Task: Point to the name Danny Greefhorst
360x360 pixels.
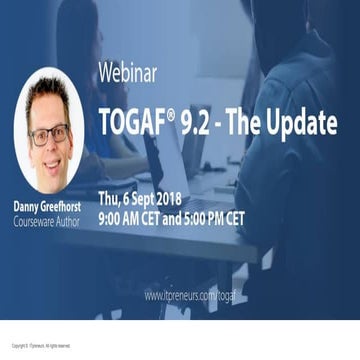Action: pos(48,206)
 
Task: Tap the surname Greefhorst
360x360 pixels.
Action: pos(63,206)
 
